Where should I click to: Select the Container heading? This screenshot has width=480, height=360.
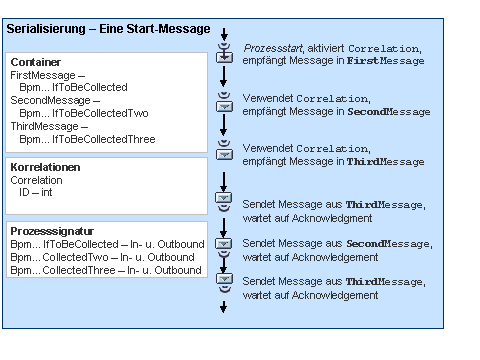(x=35, y=61)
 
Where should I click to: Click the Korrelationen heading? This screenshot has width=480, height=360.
(x=46, y=167)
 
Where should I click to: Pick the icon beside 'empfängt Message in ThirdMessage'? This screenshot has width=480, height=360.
(x=224, y=153)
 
